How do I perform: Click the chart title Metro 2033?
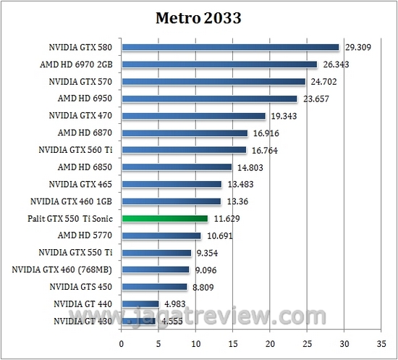pos(198,17)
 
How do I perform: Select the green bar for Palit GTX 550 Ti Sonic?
pos(165,218)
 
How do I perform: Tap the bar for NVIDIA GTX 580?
pos(230,48)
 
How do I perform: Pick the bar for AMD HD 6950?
pos(209,99)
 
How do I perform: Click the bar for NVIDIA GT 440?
pos(140,304)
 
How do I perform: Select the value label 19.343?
pos(285,116)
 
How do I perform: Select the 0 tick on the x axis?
pos(122,343)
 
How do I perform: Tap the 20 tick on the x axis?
pos(270,343)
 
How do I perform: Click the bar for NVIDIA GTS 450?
pos(154,287)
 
